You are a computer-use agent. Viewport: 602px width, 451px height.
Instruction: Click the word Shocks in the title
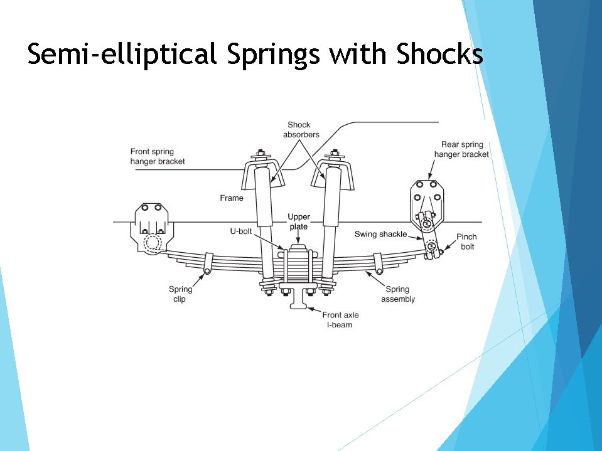(x=439, y=55)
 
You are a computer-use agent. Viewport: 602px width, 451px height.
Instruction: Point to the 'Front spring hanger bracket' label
(x=158, y=156)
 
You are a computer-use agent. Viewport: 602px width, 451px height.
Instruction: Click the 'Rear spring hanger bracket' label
(x=461, y=149)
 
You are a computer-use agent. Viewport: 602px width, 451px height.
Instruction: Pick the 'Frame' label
(x=232, y=198)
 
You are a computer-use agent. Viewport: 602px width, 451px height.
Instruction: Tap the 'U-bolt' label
(x=242, y=231)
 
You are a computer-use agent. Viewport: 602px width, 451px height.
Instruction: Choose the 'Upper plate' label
(x=299, y=221)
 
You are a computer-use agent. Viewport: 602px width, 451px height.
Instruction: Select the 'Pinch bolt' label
(x=466, y=241)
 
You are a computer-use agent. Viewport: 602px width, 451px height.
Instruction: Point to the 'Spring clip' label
(x=180, y=294)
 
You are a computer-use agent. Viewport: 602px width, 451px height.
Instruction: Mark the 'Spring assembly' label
(x=397, y=294)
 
